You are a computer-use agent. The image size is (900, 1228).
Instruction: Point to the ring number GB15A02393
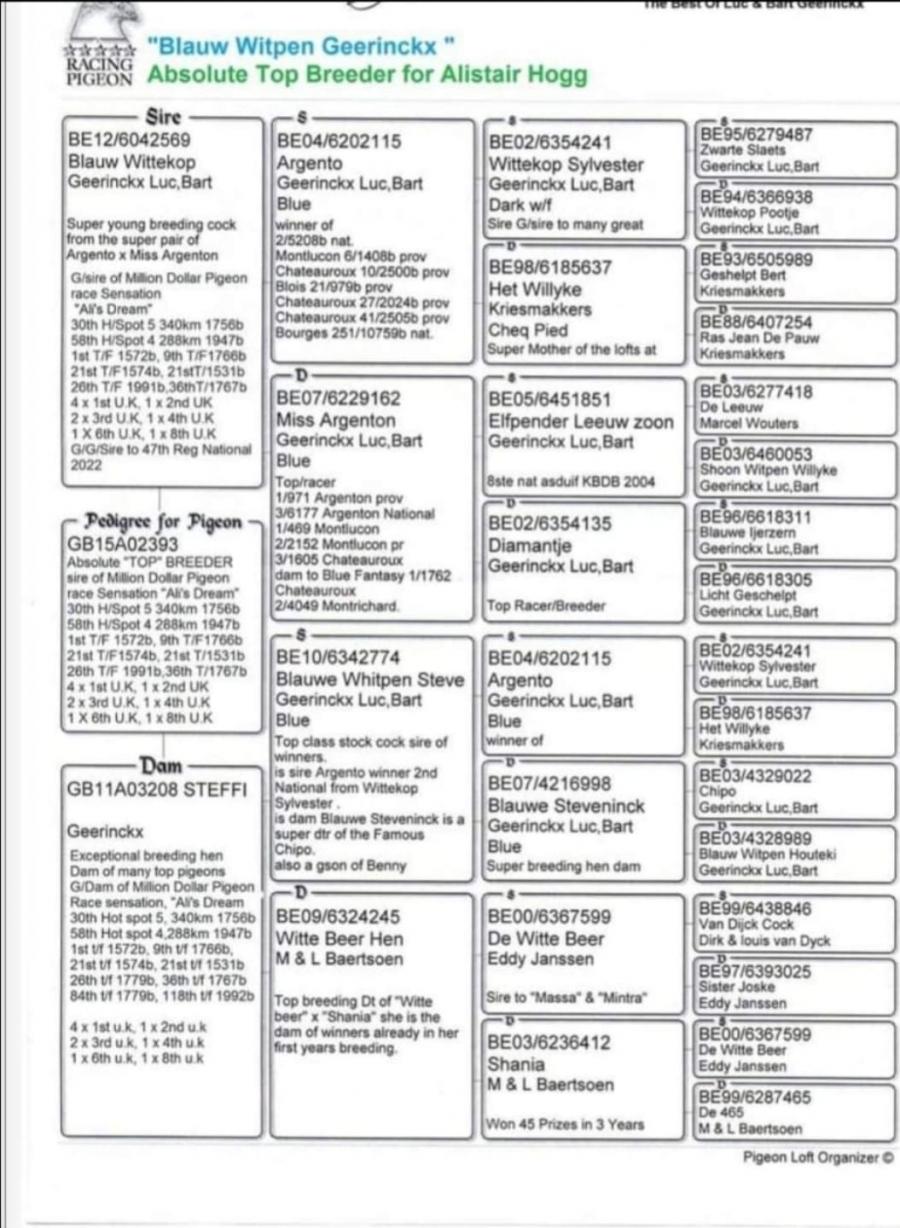coord(123,545)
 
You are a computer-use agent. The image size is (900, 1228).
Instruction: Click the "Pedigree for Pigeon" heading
coord(164,522)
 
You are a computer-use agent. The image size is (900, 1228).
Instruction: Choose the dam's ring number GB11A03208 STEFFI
coord(157,790)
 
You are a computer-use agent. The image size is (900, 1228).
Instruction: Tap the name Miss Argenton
coord(336,420)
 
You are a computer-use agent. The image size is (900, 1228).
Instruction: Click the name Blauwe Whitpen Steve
coord(370,680)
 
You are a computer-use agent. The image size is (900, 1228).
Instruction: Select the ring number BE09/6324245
coord(339,917)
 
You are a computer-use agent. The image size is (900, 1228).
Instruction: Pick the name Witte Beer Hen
coord(340,938)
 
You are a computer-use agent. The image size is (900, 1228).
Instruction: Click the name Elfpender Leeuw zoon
coord(581,422)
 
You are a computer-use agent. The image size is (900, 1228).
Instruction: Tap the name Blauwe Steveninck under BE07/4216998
coord(566,806)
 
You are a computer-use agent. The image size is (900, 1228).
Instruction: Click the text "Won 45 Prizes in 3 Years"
coord(565,1124)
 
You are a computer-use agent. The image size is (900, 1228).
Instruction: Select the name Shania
coord(516,1064)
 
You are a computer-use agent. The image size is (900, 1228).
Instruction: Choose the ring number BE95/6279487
coord(756,135)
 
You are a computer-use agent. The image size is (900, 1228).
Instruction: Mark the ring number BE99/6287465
coord(755,1097)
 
